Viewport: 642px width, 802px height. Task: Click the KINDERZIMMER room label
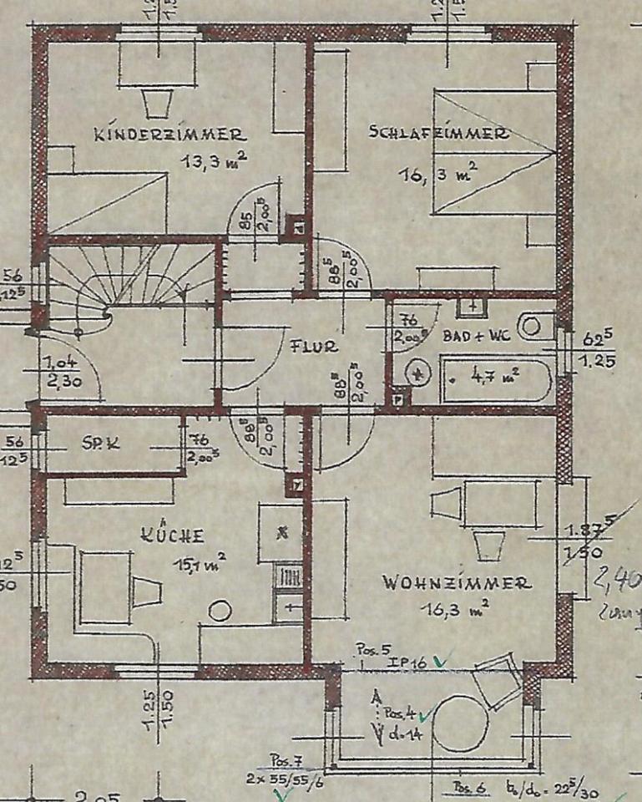(169, 134)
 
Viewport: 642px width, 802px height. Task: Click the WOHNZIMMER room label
(457, 583)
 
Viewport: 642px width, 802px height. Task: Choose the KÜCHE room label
(174, 536)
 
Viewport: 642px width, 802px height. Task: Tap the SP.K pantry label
(102, 444)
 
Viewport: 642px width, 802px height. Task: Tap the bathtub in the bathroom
(497, 380)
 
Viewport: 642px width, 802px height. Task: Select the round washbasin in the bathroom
(415, 373)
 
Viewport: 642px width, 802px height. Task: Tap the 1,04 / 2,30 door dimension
(58, 370)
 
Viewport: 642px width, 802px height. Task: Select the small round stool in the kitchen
(219, 612)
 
